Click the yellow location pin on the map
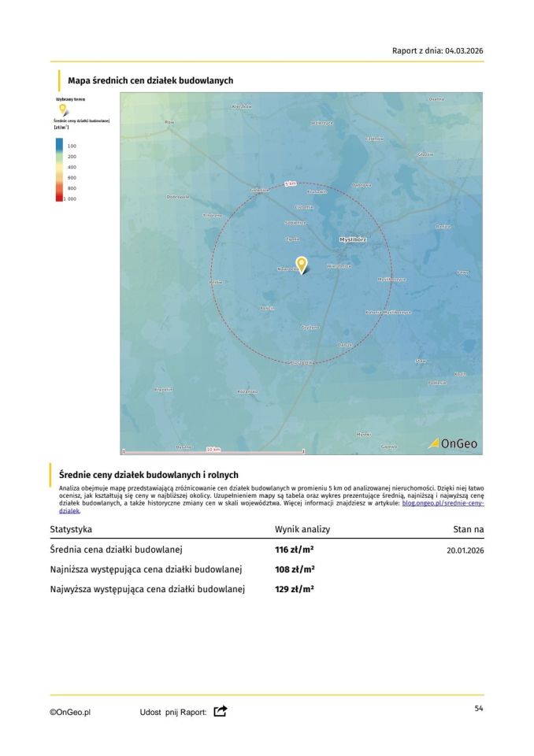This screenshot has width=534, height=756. tap(301, 265)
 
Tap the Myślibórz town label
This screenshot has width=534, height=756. tap(352, 238)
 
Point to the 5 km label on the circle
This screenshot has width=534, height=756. tap(290, 183)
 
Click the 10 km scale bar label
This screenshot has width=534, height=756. tap(213, 448)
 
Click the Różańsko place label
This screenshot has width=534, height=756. tap(247, 391)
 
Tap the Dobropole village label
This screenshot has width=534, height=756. tap(179, 196)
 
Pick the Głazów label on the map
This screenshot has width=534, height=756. tap(426, 154)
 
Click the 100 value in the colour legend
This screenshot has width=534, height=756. tap(72, 146)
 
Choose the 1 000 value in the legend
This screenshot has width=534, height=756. tap(71, 199)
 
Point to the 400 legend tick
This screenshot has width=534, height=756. tap(72, 168)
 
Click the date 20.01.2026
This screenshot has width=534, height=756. tap(465, 550)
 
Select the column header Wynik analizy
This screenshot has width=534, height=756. tap(302, 529)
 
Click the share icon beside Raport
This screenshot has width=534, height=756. tap(221, 711)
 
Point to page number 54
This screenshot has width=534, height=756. tap(478, 709)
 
